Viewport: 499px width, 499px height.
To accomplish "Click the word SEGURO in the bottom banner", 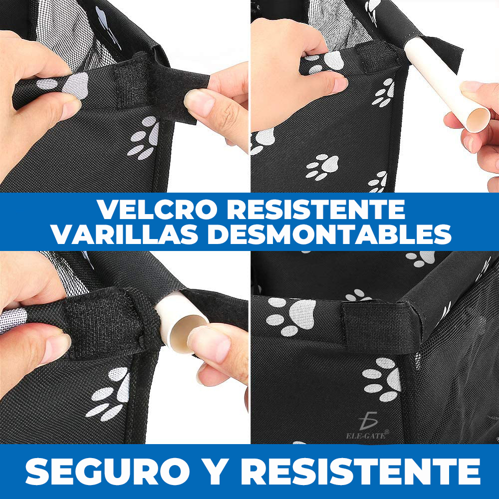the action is pos(108,472).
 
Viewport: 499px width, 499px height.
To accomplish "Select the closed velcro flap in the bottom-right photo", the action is pos(376,325).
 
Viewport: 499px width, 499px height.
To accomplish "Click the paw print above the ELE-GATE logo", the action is pos(381,379).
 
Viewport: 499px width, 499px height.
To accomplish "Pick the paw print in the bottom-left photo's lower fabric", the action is pos(109,394).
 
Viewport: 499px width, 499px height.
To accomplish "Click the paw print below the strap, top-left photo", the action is pos(143,138).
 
